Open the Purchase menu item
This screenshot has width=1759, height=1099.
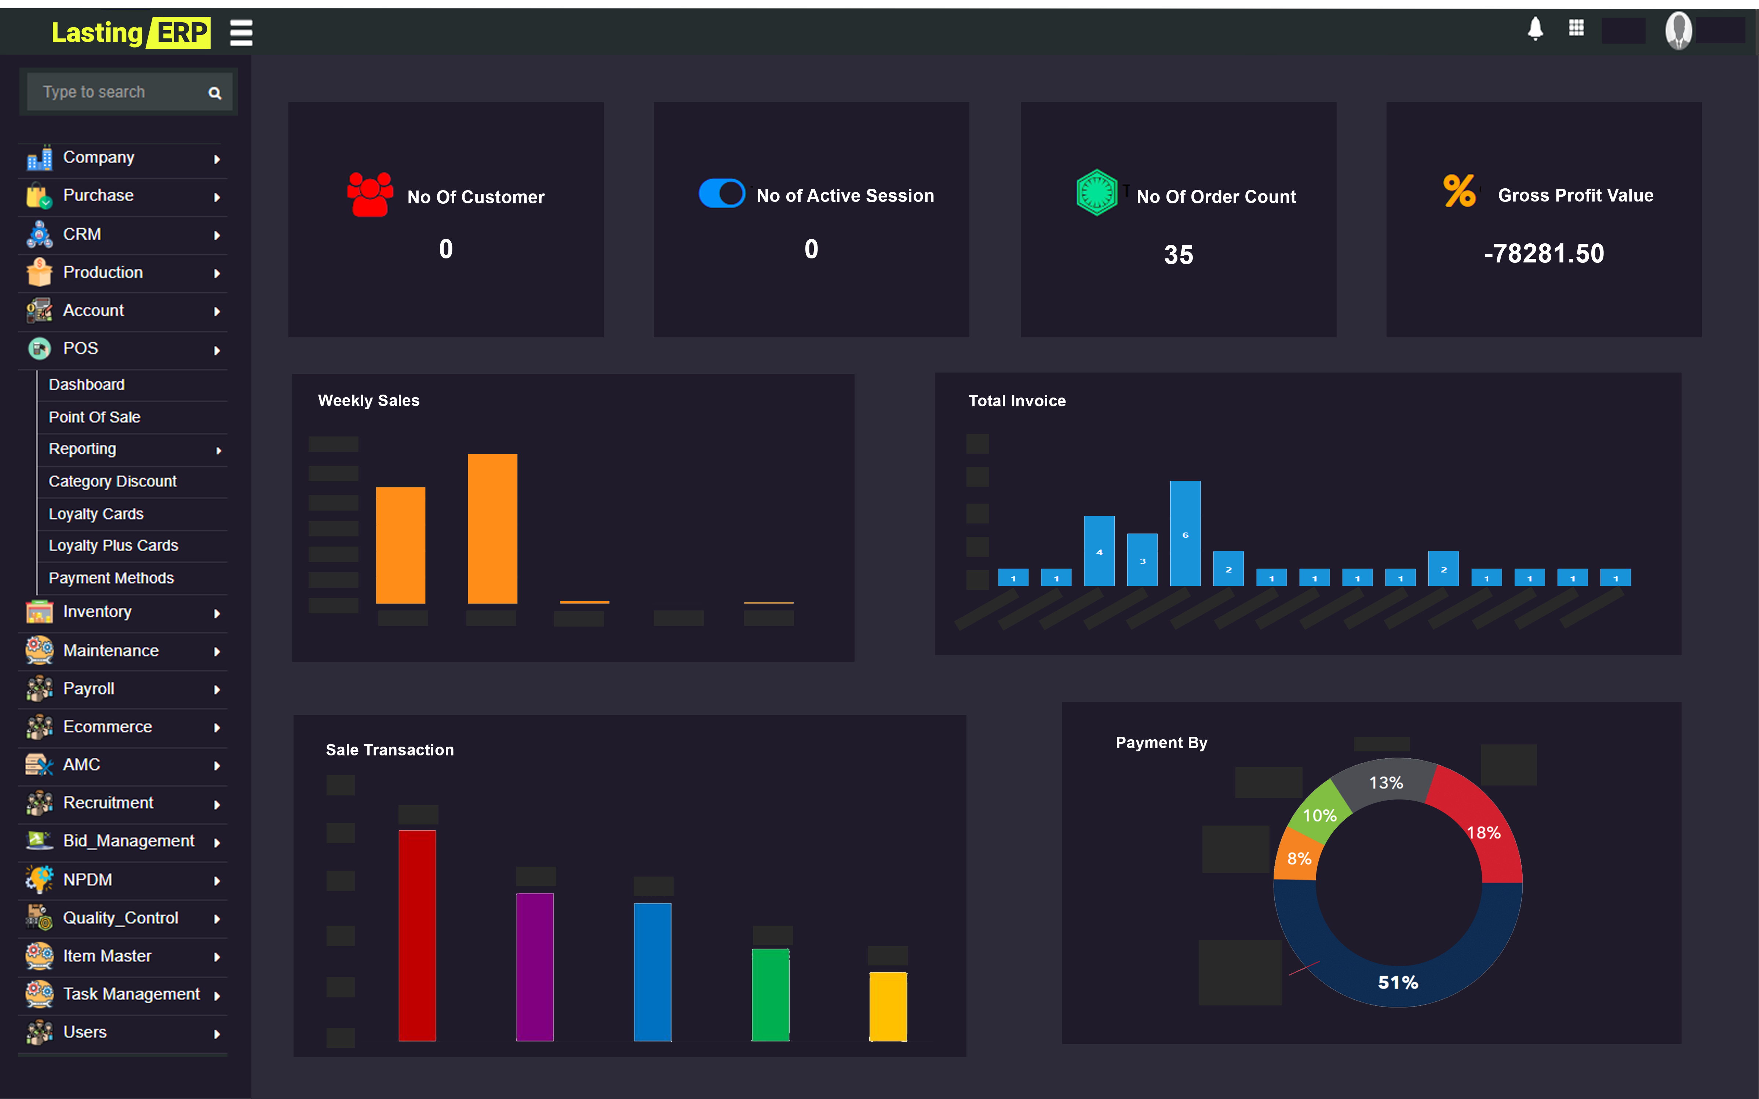pyautogui.click(x=98, y=196)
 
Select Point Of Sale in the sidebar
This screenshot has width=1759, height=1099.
pyautogui.click(x=94, y=417)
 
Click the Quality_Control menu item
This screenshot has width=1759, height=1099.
pyautogui.click(x=121, y=918)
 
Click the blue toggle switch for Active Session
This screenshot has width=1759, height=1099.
pyautogui.click(x=721, y=193)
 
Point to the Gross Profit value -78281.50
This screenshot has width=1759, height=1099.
pyautogui.click(x=1544, y=254)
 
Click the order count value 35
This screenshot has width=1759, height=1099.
pyautogui.click(x=1178, y=255)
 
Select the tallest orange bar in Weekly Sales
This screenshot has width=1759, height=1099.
pyautogui.click(x=492, y=529)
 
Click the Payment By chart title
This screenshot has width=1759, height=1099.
pyautogui.click(x=1161, y=743)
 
